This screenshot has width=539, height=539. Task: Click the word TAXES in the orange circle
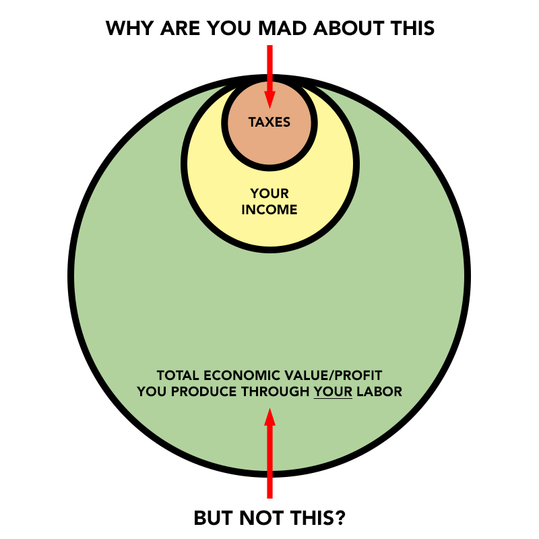[269, 123]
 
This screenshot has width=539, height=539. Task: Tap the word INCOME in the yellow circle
[269, 210]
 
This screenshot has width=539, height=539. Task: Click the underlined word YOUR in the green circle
[333, 391]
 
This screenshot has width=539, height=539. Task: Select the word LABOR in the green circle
[379, 391]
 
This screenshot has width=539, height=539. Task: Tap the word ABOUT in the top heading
[354, 28]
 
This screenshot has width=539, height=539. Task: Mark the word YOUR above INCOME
[269, 194]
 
